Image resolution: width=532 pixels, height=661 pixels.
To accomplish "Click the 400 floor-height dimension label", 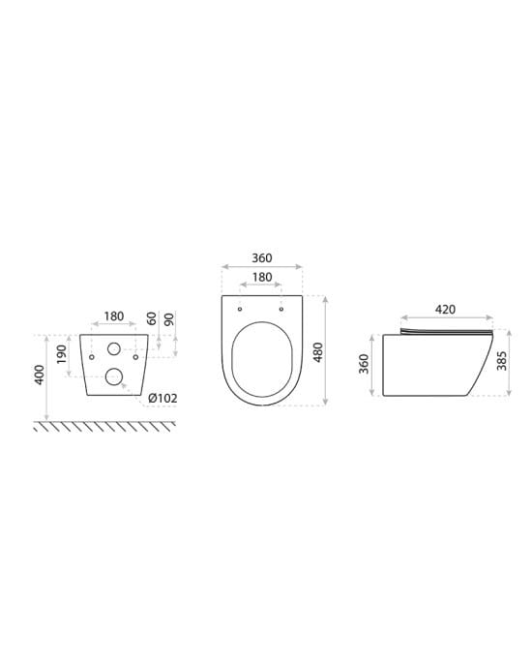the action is pyautogui.click(x=39, y=375).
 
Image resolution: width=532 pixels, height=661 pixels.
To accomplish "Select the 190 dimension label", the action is pyautogui.click(x=62, y=354).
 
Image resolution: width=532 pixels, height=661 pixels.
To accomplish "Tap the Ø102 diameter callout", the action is pyautogui.click(x=163, y=398).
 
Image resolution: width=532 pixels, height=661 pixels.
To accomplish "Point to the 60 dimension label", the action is pyautogui.click(x=152, y=318).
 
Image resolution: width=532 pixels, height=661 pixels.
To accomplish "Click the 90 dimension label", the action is pyautogui.click(x=168, y=319).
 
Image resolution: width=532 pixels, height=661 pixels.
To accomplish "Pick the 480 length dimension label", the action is pyautogui.click(x=318, y=352).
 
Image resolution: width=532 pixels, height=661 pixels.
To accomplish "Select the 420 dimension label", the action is pyautogui.click(x=445, y=310).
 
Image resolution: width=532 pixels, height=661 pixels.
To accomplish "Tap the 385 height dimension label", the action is pyautogui.click(x=501, y=361).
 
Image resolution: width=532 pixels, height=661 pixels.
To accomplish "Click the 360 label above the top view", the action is pyautogui.click(x=262, y=257).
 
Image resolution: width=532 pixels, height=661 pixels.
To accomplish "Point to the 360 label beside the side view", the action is pyautogui.click(x=364, y=364).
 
